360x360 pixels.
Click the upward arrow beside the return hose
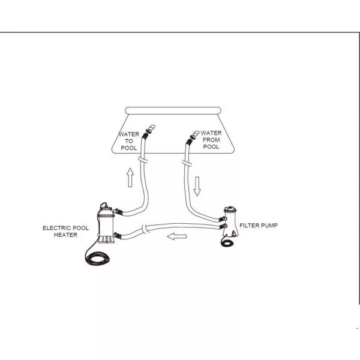[130, 177]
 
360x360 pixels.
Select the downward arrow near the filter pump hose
[197, 186]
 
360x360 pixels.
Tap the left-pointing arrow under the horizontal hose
[177, 236]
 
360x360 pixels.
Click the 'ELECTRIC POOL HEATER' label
[65, 231]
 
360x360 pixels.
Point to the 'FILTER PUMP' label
[259, 225]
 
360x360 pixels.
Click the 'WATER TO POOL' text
[129, 141]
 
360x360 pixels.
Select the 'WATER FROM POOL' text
[211, 140]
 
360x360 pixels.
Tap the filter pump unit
[230, 221]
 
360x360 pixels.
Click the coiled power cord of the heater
[97, 258]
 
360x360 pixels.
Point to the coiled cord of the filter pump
[228, 242]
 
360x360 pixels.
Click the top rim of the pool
[173, 110]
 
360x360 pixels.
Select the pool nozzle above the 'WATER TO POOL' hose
[151, 129]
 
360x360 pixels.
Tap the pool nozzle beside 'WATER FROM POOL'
[194, 134]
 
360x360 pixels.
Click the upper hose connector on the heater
[118, 211]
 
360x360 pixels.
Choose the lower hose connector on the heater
[117, 235]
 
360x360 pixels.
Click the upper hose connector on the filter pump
[223, 218]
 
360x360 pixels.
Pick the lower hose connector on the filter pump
[223, 227]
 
